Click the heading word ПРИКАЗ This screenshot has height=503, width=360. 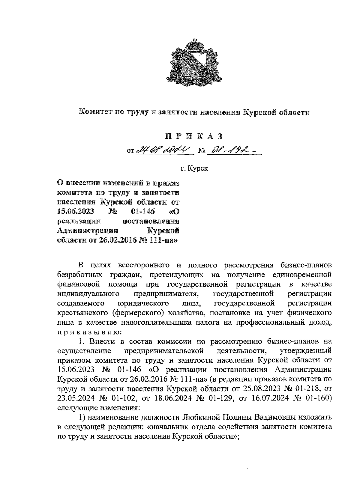click(x=194, y=136)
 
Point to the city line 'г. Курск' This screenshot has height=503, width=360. click(x=194, y=168)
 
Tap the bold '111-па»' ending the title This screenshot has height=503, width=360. click(x=164, y=240)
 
